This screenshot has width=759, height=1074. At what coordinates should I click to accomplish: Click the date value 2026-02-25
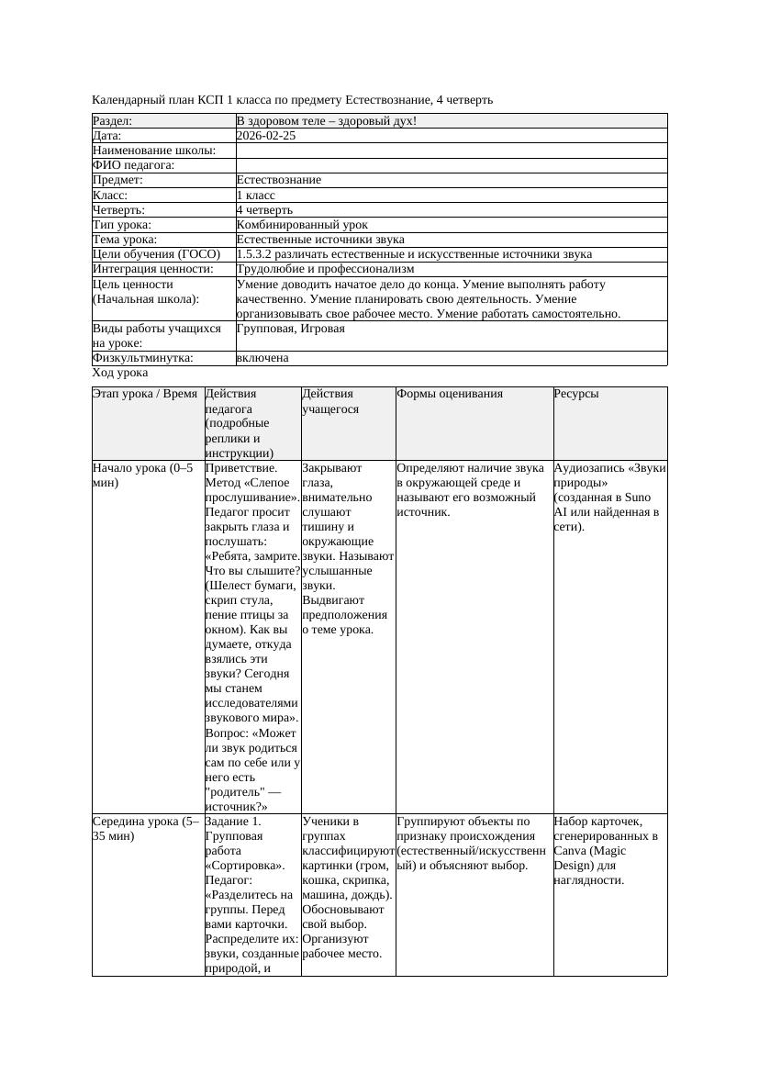(265, 136)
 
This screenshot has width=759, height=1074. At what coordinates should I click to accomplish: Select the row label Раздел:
(113, 121)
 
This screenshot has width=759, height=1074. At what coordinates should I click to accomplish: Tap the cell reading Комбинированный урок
(302, 225)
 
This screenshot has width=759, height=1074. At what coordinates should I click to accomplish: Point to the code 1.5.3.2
(254, 254)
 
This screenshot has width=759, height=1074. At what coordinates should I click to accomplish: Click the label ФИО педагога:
(134, 165)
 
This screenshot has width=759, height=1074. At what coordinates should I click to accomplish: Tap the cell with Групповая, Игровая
(290, 329)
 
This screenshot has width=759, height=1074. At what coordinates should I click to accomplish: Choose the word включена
(262, 358)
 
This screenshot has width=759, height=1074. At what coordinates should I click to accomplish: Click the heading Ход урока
(120, 373)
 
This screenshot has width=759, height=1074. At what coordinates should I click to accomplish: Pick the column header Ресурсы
(576, 394)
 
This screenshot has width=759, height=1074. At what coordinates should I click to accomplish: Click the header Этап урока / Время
(145, 394)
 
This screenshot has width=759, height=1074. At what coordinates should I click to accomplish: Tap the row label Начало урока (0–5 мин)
(143, 475)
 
